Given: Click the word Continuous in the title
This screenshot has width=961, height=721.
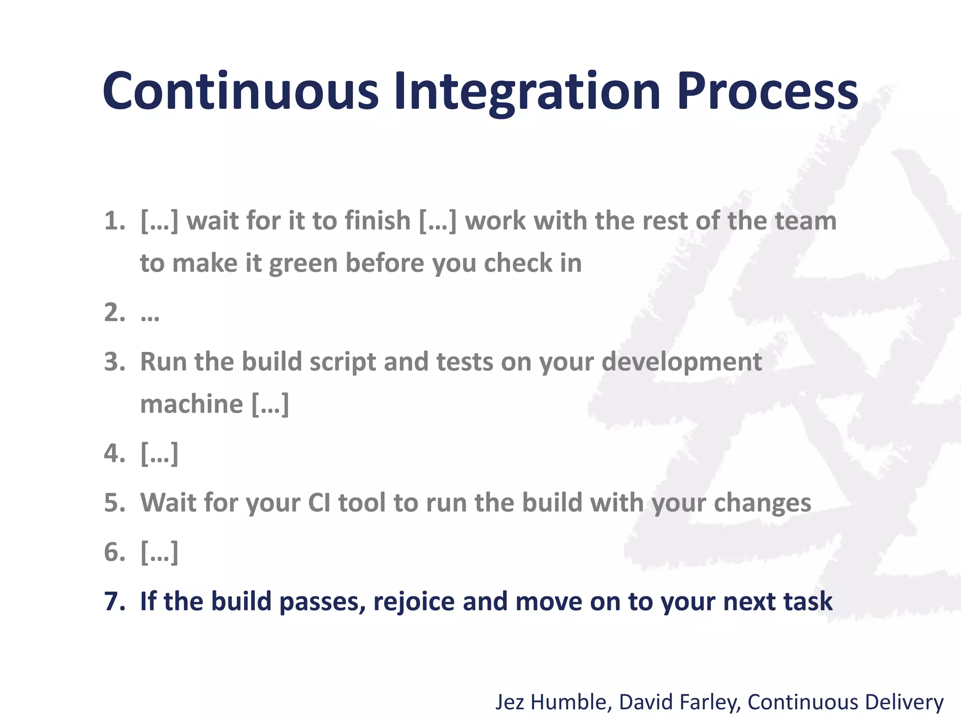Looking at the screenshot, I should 240,92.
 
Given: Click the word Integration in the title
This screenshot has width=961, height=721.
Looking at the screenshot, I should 527,92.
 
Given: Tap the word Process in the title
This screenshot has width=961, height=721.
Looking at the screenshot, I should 767,92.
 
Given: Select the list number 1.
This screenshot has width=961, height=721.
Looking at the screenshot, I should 114,221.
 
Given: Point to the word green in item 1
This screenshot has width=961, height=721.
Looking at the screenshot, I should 304,264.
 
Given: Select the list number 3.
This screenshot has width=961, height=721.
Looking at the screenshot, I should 114,362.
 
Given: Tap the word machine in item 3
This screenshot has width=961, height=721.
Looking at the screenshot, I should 191,404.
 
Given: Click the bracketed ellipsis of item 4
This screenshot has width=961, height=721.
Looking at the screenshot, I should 160,454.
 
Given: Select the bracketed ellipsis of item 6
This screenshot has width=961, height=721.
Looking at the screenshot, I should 160,552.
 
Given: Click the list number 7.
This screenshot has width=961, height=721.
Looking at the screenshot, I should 114,601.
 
